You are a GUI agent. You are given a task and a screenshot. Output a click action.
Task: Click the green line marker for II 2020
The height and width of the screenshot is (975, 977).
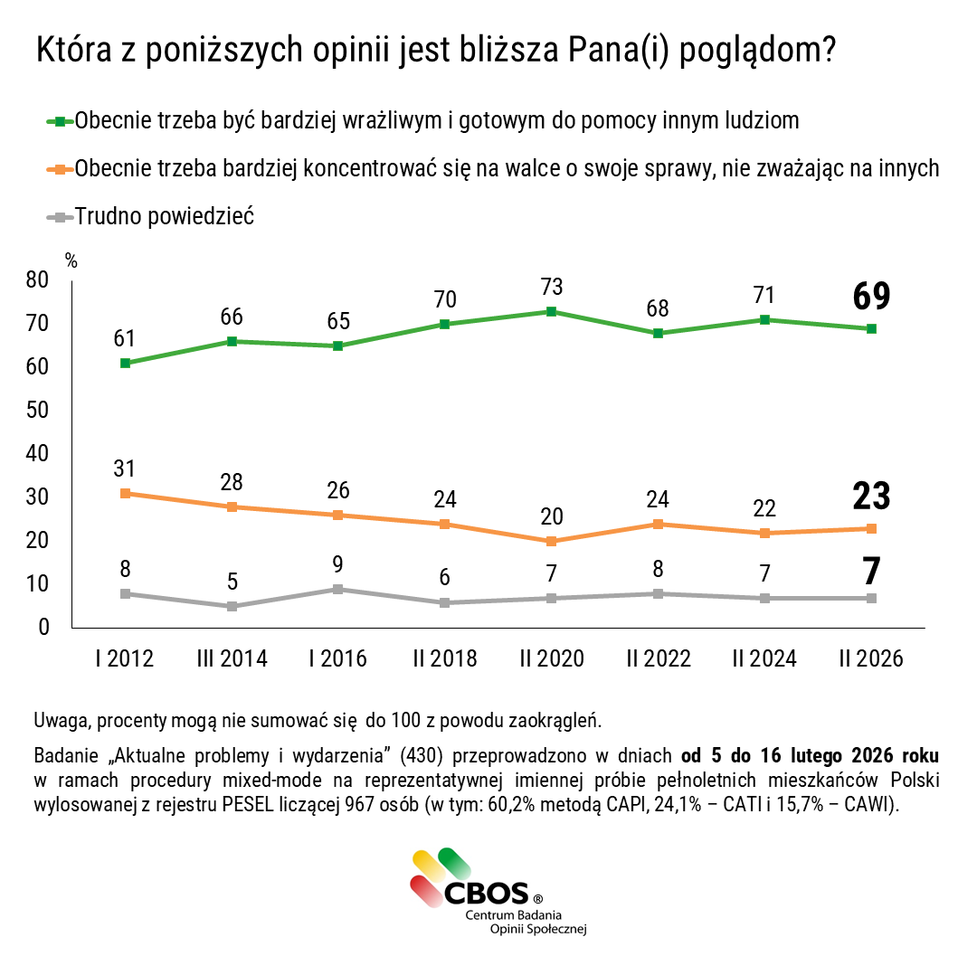pos(551,311)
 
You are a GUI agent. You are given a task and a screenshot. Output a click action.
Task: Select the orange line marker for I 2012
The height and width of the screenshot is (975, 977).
pos(125,494)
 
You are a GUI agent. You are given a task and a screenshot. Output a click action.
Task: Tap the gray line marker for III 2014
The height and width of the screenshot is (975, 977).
pos(232,606)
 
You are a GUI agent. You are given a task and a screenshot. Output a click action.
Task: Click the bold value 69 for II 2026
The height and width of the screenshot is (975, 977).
pos(871,297)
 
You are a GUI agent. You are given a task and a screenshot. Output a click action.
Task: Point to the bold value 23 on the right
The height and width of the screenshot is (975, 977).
pos(871,497)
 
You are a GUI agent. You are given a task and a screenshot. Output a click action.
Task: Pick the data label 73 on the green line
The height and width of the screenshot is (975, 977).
pos(551,287)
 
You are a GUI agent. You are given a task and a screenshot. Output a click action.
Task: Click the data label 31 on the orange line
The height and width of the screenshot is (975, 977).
pos(125,469)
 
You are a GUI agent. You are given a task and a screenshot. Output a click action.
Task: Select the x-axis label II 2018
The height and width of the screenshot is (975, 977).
pos(444,658)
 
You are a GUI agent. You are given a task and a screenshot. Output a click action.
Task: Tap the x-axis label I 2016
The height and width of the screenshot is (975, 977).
pos(337,658)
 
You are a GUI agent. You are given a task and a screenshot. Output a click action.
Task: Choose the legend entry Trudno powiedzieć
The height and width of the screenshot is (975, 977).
pos(165,216)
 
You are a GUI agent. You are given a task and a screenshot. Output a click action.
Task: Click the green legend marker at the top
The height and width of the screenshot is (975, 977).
pos(60,121)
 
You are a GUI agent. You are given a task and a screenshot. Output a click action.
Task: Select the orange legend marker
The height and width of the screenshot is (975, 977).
pos(60,169)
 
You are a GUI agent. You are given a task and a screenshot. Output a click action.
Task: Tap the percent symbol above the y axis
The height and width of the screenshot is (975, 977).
pos(71,261)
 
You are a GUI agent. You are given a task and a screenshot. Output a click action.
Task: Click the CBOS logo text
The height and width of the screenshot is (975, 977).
pos(486,894)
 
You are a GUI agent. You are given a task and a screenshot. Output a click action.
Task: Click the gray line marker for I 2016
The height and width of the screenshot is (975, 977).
pos(337,589)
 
